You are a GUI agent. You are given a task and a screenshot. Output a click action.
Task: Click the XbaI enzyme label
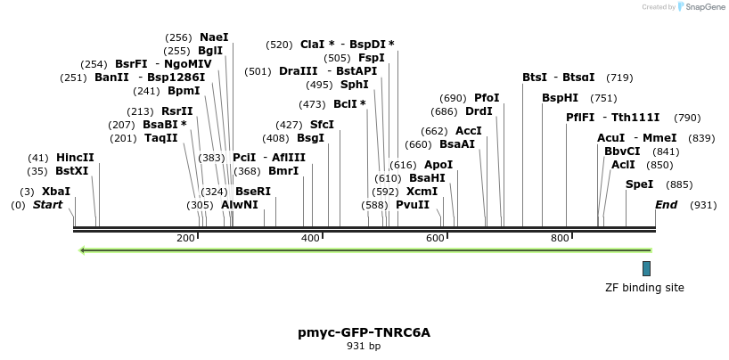coord(55,192)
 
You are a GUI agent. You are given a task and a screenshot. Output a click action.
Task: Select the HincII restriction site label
coord(75,158)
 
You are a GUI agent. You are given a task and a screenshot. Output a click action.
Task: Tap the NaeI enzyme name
coord(214,37)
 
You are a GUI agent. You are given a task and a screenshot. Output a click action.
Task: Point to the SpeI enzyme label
coord(639,184)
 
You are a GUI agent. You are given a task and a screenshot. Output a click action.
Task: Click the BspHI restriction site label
coord(560,98)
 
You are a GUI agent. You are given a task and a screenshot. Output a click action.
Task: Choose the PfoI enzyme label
coord(487,98)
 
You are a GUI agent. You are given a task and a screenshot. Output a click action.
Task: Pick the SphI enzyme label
coord(354,85)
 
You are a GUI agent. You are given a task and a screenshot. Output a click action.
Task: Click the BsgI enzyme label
coord(310,138)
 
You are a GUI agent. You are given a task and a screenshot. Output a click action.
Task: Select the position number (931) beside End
coord(703,205)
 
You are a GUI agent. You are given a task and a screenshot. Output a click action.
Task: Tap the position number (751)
coord(603,98)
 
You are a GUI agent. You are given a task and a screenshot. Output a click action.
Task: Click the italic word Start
coord(48,205)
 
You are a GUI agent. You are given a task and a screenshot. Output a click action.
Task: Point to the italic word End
coord(666,205)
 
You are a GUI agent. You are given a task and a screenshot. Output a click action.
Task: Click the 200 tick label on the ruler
coord(185,238)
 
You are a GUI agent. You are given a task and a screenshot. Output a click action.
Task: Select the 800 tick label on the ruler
coord(560,238)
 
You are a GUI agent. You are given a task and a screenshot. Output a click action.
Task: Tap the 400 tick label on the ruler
coord(310,238)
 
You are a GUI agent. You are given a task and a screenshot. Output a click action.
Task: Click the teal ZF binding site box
coord(646,268)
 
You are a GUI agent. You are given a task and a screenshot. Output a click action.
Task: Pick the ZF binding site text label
coord(644,288)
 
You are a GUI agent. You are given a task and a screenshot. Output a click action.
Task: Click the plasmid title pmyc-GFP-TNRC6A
coord(364,332)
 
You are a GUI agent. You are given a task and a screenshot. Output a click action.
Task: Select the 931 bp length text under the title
coord(364,346)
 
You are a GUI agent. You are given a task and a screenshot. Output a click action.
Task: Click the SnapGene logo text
coord(704,7)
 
